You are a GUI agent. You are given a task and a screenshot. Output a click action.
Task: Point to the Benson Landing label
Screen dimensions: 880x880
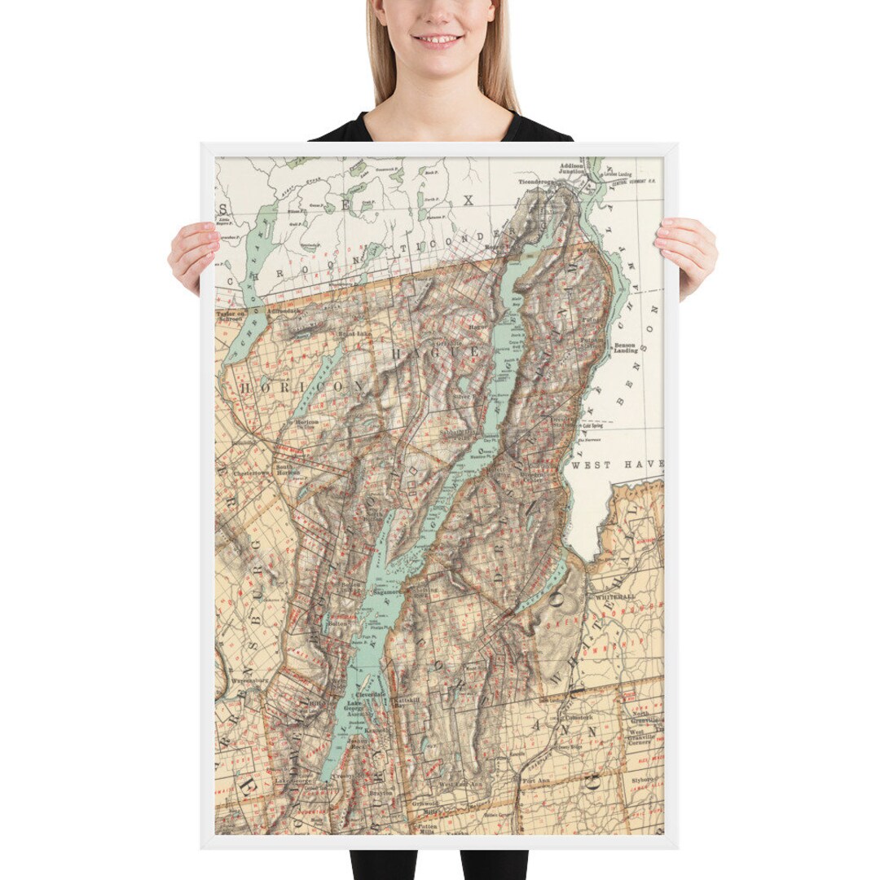pyautogui.click(x=626, y=346)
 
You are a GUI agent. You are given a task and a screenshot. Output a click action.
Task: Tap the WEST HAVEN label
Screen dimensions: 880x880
pyautogui.click(x=616, y=464)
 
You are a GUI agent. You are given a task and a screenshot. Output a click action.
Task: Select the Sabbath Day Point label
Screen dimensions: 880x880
pyautogui.click(x=461, y=433)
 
